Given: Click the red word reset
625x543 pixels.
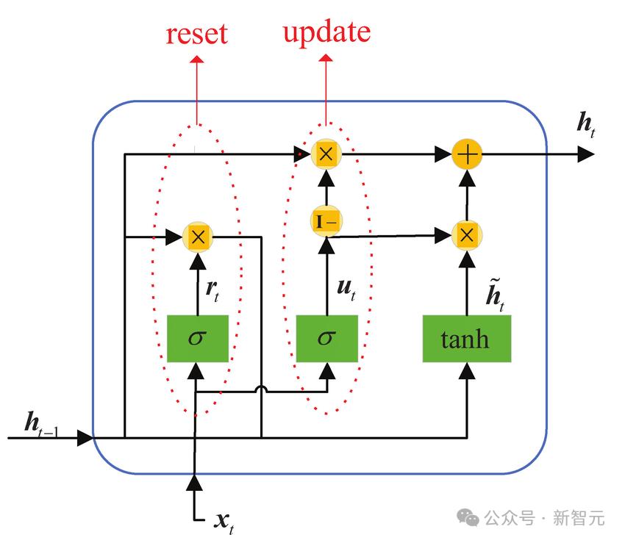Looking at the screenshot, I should (197, 35).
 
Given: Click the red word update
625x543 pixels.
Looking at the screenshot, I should (326, 32).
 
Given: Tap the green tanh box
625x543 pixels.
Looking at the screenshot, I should (466, 339).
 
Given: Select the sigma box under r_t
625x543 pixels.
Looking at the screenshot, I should (197, 339).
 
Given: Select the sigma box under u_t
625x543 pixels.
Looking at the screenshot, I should (326, 339).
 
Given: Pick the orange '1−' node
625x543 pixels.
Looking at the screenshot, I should (326, 220).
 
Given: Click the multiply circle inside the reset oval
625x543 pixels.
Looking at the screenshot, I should (198, 236).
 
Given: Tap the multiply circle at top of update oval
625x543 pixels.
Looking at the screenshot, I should (326, 153).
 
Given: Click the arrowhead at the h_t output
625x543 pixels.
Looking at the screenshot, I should (585, 154).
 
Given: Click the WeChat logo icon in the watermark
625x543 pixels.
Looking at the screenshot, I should (468, 517).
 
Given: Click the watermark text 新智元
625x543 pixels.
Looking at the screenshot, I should (579, 518).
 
